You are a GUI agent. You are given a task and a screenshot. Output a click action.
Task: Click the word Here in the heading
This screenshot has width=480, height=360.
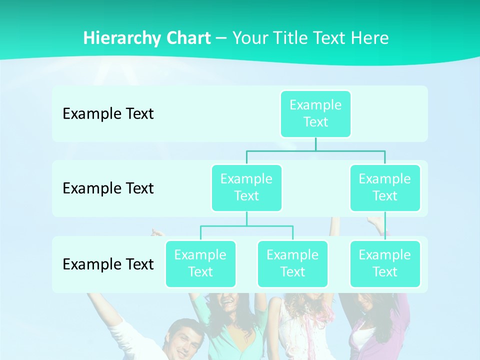pos(370,38)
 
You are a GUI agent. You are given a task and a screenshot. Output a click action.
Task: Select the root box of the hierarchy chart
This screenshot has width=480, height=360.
pos(315,113)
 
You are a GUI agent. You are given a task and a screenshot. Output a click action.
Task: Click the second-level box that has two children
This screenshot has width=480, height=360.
pos(246,187)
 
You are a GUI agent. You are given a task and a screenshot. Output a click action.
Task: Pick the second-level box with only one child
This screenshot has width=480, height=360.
pos(385,187)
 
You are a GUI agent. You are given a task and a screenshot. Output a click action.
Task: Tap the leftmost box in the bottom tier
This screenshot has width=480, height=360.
pos(200,263)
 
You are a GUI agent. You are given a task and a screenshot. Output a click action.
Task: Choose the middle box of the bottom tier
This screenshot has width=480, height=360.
pos(292,263)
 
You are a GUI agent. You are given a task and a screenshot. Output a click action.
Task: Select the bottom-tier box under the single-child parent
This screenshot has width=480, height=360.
pos(385,263)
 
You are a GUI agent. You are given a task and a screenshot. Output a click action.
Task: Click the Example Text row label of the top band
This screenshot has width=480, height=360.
pos(108,113)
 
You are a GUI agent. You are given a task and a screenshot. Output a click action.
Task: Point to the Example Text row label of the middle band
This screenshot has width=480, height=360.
pos(108,188)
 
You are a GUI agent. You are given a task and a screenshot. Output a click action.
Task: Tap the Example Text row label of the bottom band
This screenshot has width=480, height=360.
pos(108,264)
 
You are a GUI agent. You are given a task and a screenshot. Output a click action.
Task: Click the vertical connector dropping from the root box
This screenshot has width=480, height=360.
pos(315,144)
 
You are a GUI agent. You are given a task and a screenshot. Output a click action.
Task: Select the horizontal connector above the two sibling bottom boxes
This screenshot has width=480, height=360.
pos(246,226)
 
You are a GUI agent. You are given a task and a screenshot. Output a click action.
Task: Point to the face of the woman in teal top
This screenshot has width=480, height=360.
pos(228,305)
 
